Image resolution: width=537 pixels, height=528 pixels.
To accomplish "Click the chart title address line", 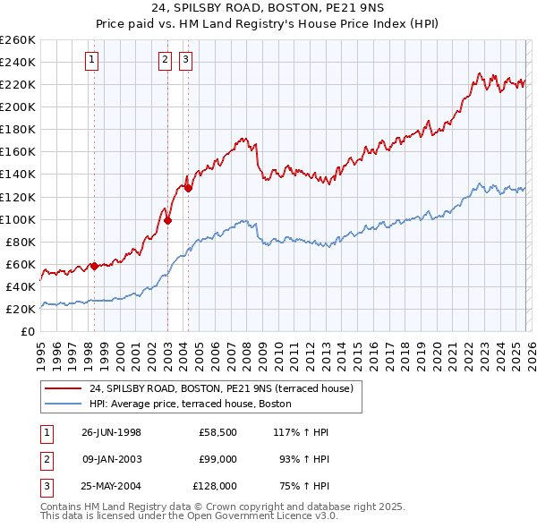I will [268, 10].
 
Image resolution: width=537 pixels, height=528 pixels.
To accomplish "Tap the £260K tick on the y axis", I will [18, 40].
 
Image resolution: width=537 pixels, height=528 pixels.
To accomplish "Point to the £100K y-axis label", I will [18, 219].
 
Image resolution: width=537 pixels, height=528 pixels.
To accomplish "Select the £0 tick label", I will [29, 332].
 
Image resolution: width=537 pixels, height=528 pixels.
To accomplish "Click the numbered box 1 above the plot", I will [93, 60].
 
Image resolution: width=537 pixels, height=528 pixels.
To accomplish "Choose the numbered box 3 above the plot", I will [186, 60].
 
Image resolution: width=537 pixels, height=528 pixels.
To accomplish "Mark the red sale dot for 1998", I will [94, 266].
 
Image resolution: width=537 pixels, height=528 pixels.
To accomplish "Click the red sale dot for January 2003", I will [167, 220].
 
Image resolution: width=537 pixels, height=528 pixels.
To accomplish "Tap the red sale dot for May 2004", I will [188, 187].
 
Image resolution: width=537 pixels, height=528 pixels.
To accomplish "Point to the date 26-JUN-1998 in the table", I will [111, 432].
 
